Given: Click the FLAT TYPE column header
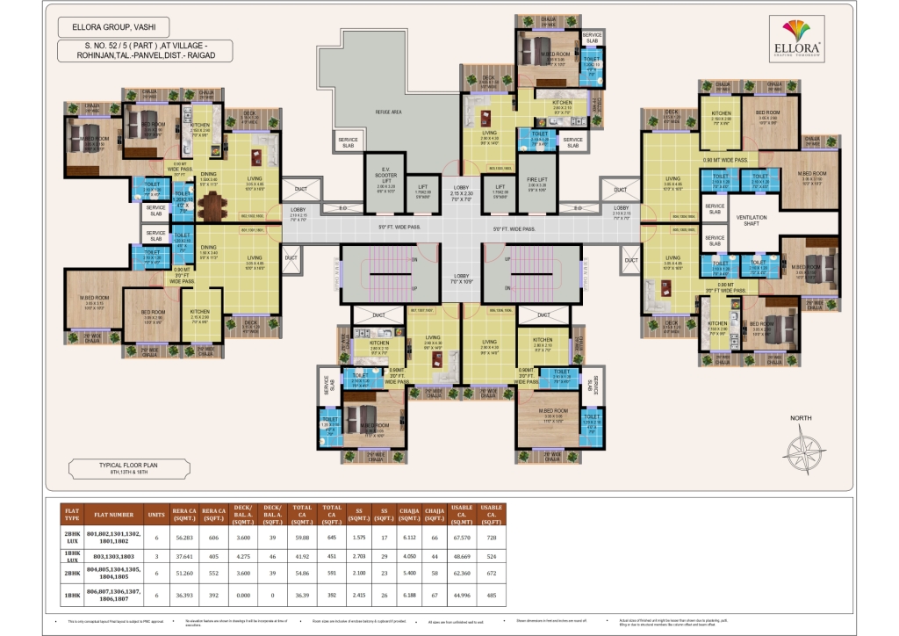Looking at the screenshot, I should pos(71,514).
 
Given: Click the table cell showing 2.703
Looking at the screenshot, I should pos(358,557).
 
